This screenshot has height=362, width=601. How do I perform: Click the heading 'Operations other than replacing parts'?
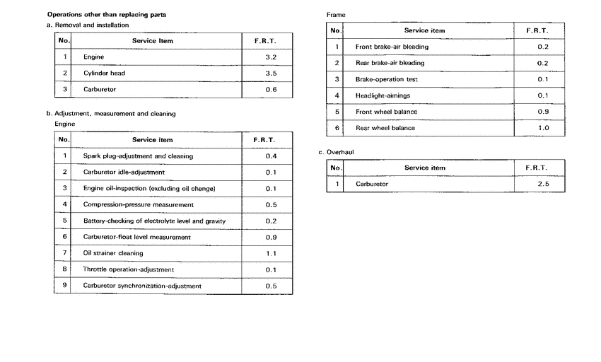[101, 14]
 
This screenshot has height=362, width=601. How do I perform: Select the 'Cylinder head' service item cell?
[104, 73]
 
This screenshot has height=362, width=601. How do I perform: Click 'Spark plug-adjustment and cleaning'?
[138, 156]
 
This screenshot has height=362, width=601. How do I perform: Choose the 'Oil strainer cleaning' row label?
[113, 253]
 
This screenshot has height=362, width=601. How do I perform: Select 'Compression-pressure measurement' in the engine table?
[138, 204]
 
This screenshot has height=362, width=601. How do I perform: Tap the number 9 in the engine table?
[64, 286]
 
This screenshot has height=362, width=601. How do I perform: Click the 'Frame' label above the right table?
[336, 15]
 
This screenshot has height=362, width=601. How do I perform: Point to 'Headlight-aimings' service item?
[383, 95]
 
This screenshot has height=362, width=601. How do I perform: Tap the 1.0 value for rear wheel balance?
[543, 128]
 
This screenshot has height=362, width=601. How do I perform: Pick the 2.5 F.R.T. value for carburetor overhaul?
[543, 184]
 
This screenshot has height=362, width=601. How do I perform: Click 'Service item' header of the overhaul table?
[424, 168]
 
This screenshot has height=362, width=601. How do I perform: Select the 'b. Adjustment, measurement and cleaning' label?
[111, 113]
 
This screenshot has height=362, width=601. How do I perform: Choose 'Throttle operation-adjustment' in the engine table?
[128, 269]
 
